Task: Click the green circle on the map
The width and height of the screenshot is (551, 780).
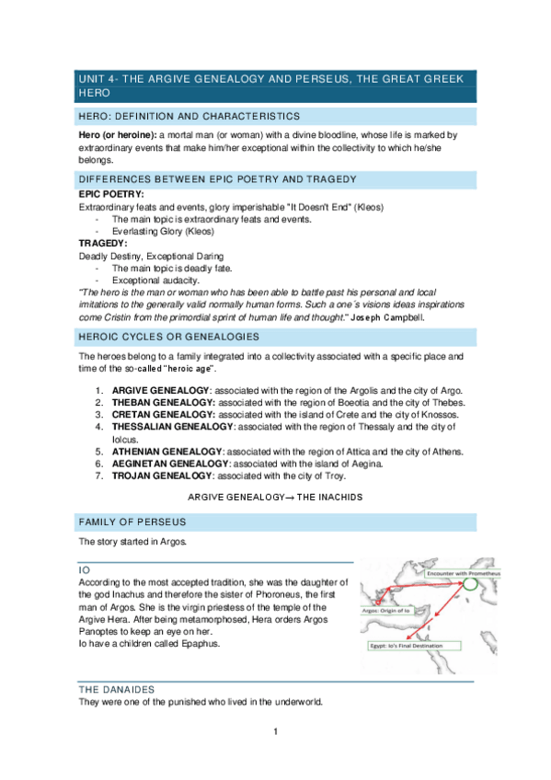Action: (x=470, y=582)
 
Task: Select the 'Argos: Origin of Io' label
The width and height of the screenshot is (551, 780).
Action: (x=393, y=609)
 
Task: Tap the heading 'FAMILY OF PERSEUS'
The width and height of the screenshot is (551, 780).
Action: (x=129, y=522)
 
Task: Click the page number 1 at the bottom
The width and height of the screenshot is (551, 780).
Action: (x=275, y=732)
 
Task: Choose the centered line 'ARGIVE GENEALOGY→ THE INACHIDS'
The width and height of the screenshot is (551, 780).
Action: (x=275, y=497)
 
